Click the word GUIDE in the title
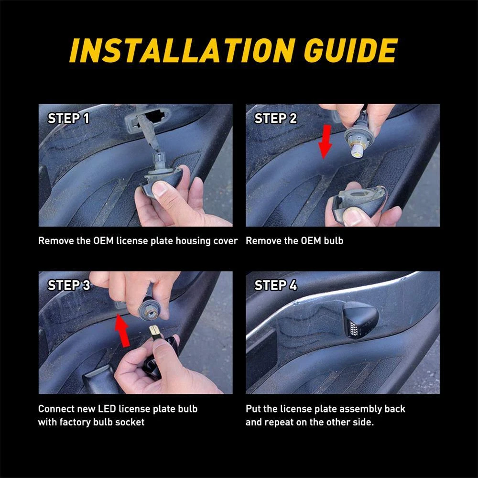pyautogui.click(x=351, y=50)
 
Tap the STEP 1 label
pyautogui.click(x=68, y=118)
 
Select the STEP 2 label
pyautogui.click(x=276, y=118)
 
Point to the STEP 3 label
pyautogui.click(x=69, y=285)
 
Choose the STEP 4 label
pyautogui.click(x=276, y=285)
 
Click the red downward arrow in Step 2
pyautogui.click(x=326, y=141)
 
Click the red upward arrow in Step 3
pyautogui.click(x=122, y=331)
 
